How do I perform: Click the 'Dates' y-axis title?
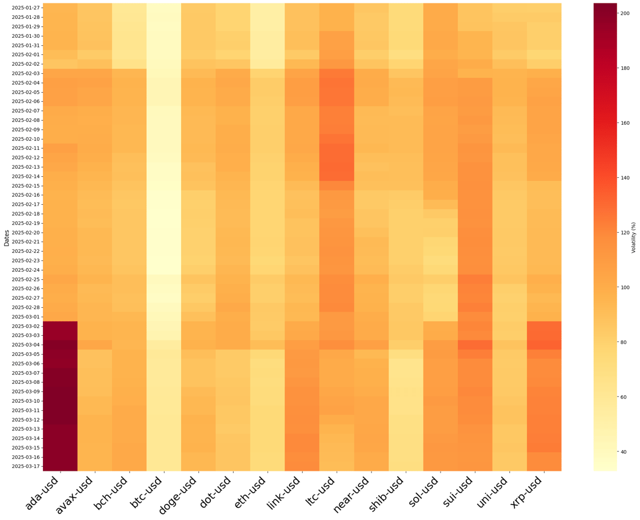tap(7, 237)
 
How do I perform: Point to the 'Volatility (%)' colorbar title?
tap(634, 237)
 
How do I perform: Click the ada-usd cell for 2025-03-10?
tap(60, 400)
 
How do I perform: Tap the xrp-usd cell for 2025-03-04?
tap(544, 344)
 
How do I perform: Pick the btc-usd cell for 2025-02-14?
tap(164, 176)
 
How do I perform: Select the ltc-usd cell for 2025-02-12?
tap(337, 157)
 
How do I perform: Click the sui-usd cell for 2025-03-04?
tap(475, 344)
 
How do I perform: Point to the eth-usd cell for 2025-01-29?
tap(267, 26)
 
